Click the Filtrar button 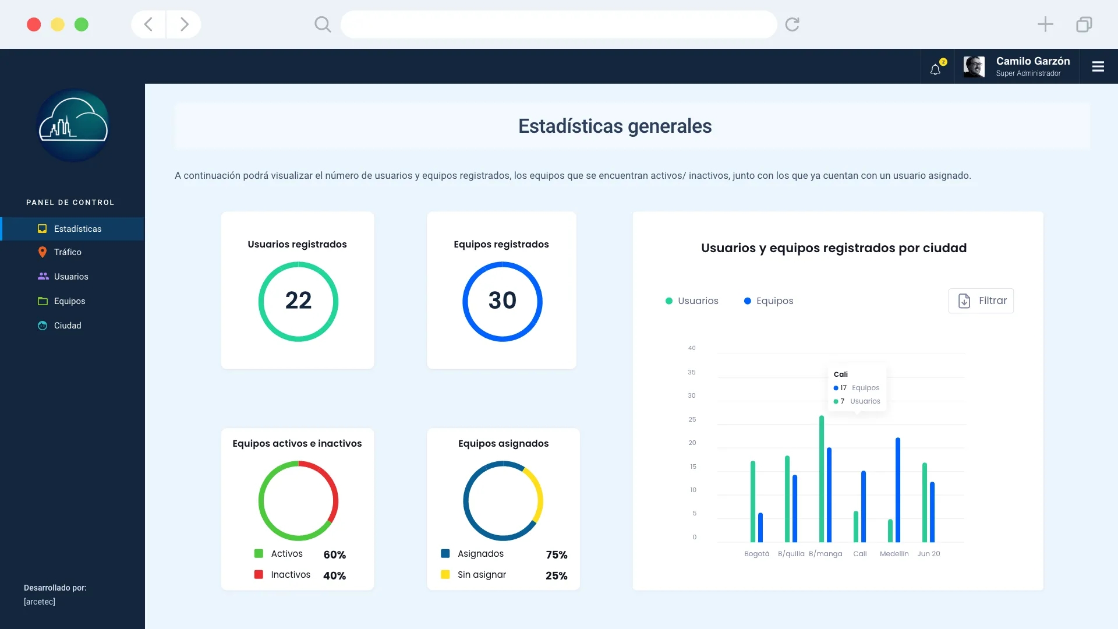[x=981, y=301]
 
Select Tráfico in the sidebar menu [x=68, y=252]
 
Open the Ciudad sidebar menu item [x=68, y=326]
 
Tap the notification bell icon [x=935, y=69]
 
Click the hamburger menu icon [x=1098, y=67]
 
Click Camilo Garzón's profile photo [x=974, y=67]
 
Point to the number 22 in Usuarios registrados [x=298, y=301]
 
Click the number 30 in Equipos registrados [x=502, y=301]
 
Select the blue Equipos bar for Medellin [x=898, y=489]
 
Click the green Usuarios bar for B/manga [x=822, y=478]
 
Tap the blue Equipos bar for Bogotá [x=760, y=527]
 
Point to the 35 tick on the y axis [x=692, y=372]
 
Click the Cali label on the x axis [x=860, y=554]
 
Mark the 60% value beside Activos [x=335, y=554]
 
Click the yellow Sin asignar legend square [x=445, y=574]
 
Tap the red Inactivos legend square [x=259, y=574]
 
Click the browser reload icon [x=792, y=24]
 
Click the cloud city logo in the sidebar [x=73, y=125]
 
